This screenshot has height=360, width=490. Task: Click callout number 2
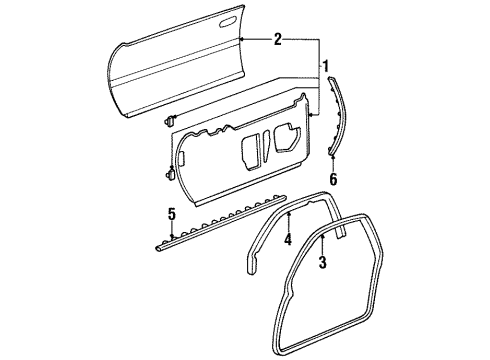(278, 41)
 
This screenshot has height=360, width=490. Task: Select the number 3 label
(323, 264)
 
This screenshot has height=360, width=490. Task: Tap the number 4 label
(287, 241)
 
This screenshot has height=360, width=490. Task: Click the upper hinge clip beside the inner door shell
(169, 121)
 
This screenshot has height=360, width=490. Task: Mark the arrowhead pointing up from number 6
(333, 156)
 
